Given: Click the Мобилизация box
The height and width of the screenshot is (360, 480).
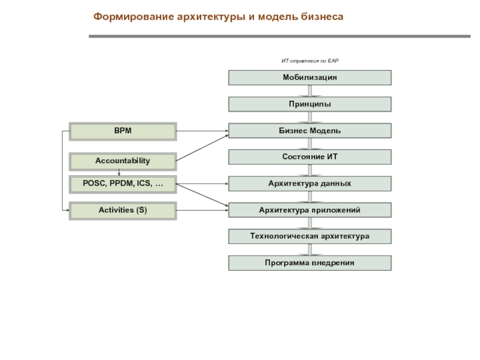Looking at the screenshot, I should pos(310,77).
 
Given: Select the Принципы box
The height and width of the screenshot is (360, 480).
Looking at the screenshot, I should pos(310,104).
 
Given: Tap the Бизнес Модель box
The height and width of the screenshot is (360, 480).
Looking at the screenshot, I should pos(310,131).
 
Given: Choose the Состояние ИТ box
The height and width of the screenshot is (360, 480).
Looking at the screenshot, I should pos(310,157).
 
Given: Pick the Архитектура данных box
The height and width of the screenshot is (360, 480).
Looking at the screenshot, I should pos(310,183).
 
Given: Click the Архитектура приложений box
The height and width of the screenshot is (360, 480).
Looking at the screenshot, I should pos(310,209).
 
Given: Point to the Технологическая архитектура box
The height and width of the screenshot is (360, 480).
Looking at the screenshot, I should pos(310,236).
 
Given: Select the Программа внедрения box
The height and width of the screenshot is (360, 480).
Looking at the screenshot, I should pos(310,263).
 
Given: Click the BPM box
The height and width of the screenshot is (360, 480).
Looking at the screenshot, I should pos(122,131).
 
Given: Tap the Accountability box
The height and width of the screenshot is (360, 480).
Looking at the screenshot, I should pos(122,161).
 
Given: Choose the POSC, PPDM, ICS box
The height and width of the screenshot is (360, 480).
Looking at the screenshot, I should pos(122,184).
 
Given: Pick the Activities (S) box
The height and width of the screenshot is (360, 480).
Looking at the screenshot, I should pos(122,210).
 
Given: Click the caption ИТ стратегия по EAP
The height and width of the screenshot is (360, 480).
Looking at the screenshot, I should pos(310,61).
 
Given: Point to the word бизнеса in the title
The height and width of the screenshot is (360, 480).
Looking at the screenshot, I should pos(322,17).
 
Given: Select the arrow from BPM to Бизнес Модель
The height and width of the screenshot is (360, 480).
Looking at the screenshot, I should pos(202,131).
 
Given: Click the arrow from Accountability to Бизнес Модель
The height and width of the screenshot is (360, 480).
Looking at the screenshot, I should pos(202,148).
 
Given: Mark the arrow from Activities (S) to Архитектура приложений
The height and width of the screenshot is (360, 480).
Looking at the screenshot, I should pos(202,210).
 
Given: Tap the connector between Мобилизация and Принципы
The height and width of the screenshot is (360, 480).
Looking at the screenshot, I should pos(310,91).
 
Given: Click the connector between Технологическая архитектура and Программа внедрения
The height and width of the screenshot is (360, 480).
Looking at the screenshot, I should pos(310,250).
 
